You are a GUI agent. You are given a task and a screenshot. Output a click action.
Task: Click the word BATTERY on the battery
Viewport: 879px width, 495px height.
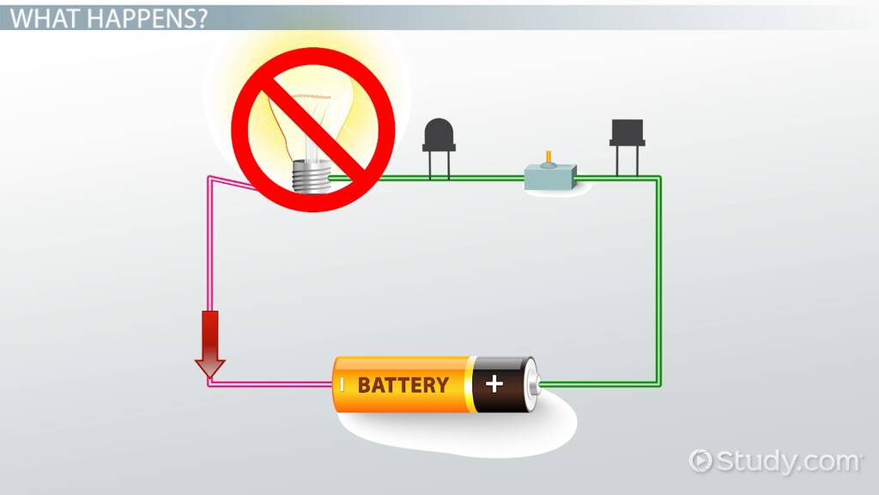[x=403, y=384]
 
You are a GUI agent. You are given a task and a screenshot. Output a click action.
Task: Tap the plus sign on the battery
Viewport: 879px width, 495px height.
[x=494, y=383]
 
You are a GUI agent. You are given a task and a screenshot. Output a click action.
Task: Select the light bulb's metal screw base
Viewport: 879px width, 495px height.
[x=310, y=177]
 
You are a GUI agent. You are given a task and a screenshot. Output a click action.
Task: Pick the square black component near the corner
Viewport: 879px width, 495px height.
[x=627, y=134]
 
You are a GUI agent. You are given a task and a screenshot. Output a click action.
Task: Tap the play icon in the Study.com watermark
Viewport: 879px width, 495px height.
[x=701, y=461]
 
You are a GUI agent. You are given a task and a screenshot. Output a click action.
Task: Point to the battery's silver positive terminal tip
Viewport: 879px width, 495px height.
[x=536, y=383]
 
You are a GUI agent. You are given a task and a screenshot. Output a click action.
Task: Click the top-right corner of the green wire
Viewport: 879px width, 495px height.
[x=658, y=179]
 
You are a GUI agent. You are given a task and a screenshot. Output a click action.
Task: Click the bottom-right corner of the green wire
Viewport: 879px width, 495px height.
[x=658, y=383]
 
